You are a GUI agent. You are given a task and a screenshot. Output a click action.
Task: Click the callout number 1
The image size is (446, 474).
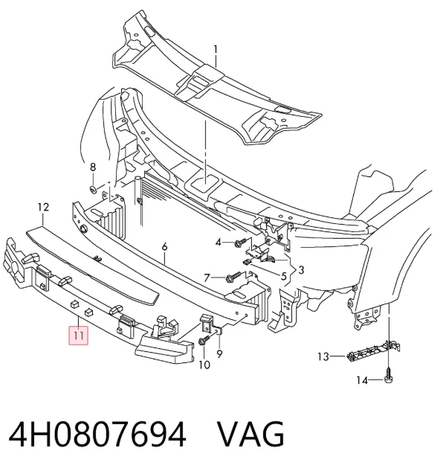tap(216, 50)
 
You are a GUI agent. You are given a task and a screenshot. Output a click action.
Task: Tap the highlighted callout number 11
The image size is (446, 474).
tap(79, 336)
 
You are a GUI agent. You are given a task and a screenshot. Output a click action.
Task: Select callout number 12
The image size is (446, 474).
tap(43, 208)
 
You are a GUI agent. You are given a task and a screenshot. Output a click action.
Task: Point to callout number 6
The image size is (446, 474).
tap(164, 247)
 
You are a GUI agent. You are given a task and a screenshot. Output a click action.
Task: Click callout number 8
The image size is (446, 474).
tap(93, 167)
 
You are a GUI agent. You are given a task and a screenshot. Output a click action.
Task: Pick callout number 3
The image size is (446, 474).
tap(301, 269)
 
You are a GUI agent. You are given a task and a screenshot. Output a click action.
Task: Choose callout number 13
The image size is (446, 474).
tap(323, 356)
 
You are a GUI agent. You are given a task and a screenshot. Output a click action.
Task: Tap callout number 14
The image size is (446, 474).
tap(362, 380)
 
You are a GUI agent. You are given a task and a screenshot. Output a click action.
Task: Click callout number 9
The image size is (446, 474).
tap(219, 353)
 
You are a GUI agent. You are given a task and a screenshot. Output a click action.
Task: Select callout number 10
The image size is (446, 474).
tap(204, 365)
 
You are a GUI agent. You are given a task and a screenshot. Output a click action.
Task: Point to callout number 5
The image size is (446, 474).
tap(283, 276)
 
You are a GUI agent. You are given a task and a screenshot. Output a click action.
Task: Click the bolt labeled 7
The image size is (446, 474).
tap(233, 277)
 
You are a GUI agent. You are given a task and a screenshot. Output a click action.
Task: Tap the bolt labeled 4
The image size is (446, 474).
tap(241, 242)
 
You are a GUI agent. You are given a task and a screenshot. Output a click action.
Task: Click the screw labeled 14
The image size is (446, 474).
tap(389, 375)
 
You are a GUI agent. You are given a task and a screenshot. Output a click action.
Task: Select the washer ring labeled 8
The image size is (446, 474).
tap(93, 190)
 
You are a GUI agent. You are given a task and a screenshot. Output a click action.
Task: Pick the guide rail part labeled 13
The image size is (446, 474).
tap(373, 351)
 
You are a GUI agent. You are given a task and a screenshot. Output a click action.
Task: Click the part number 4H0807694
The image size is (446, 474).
tap(97, 435)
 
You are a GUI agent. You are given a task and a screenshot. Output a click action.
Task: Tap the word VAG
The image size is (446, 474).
tap(251, 435)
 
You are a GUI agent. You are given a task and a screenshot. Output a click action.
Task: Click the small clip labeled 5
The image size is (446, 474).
tap(248, 262)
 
